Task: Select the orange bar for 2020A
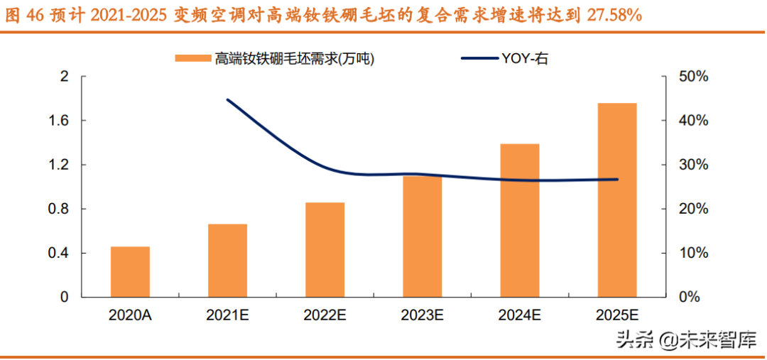(130, 272)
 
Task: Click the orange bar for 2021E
(227, 261)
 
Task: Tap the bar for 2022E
(325, 250)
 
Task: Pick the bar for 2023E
(422, 236)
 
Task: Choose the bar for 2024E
(520, 220)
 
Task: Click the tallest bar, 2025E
(617, 200)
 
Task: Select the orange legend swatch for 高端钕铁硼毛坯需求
(192, 59)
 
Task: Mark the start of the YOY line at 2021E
(227, 99)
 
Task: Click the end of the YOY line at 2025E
(617, 179)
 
